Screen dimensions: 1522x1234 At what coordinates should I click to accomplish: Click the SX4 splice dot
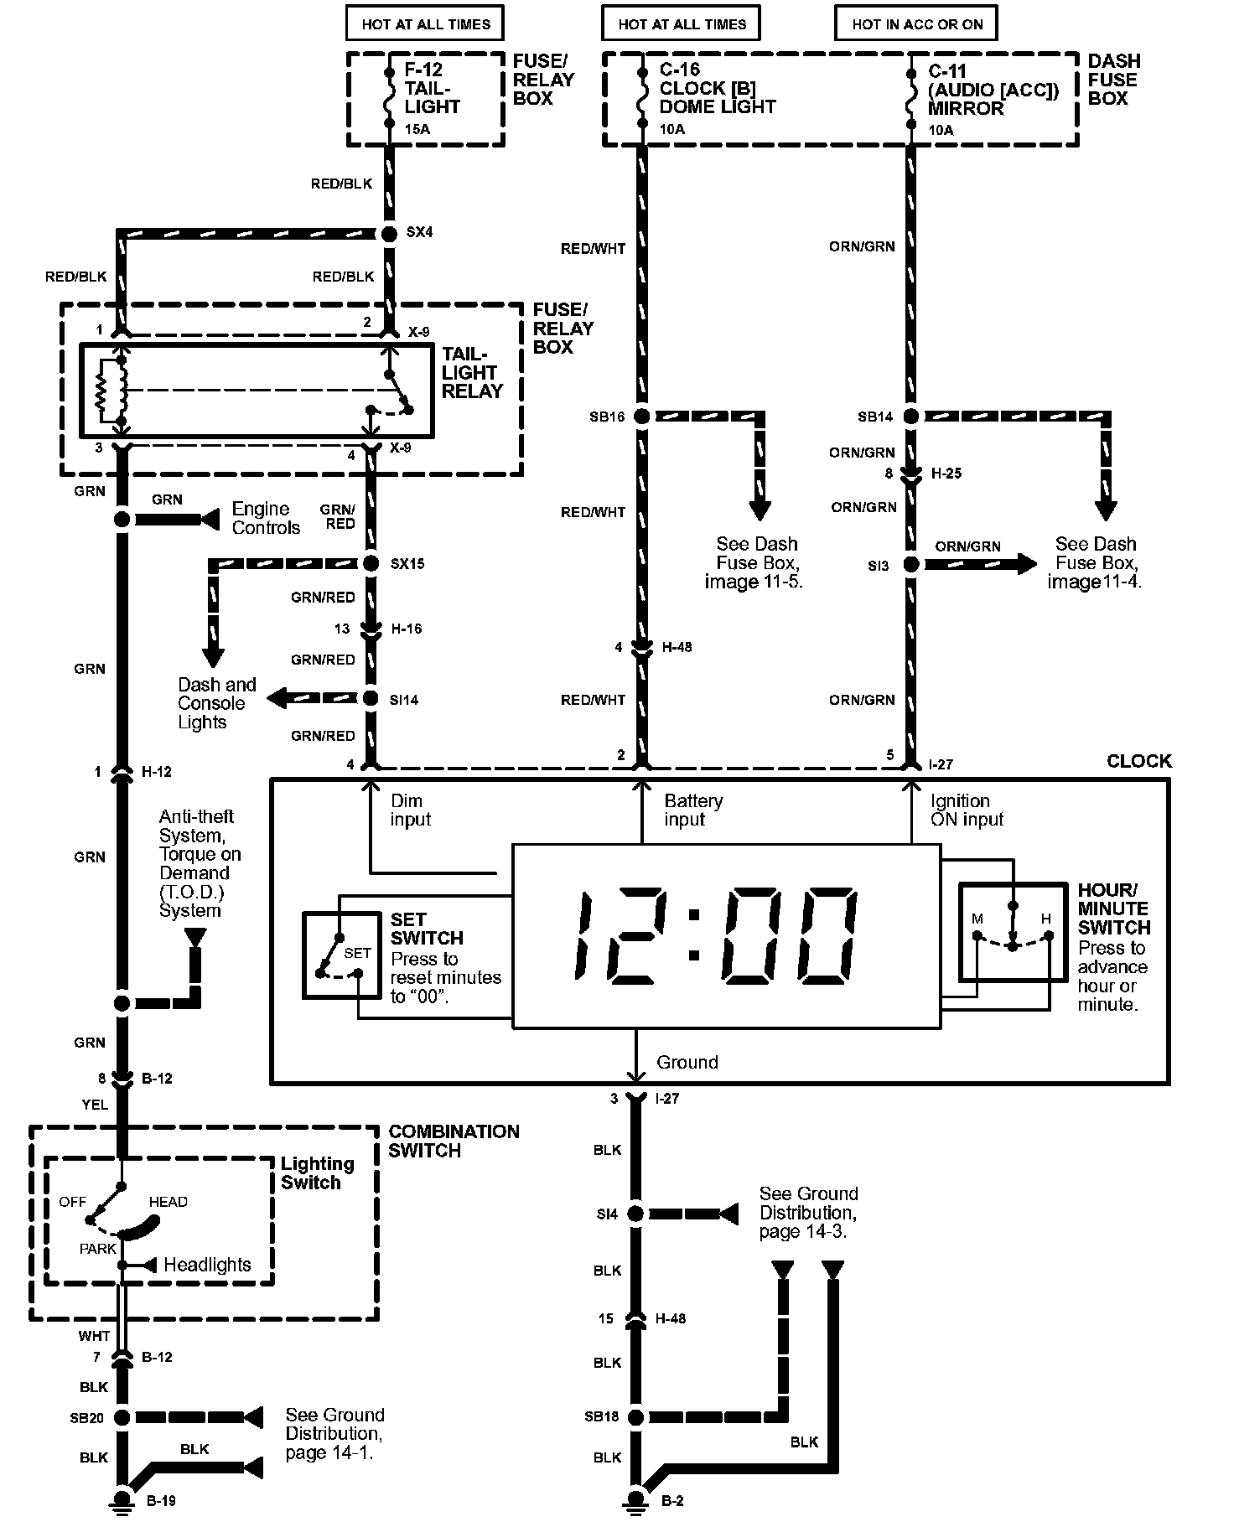tap(388, 234)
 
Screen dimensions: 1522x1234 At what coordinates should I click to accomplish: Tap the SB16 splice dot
tap(641, 417)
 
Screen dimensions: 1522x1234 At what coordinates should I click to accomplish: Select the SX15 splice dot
tap(371, 563)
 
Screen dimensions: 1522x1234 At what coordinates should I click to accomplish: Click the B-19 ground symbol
tap(122, 1499)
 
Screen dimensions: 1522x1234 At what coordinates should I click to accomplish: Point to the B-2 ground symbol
tap(636, 1499)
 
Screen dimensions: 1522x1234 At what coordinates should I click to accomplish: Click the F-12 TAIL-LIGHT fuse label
tap(432, 89)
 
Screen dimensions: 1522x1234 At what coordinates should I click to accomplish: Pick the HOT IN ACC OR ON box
tap(917, 24)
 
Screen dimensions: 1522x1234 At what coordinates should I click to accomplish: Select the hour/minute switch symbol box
tap(1012, 931)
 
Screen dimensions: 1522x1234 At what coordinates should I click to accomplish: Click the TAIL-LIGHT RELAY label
tap(473, 373)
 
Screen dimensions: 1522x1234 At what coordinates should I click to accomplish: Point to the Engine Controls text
tap(266, 518)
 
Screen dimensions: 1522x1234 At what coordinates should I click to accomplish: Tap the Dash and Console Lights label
tap(216, 703)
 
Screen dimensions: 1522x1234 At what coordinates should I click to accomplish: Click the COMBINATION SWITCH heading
tap(454, 1141)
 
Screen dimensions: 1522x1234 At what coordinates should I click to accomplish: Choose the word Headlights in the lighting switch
tap(207, 1265)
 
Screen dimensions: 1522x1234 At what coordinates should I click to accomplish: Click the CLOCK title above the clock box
tap(1138, 761)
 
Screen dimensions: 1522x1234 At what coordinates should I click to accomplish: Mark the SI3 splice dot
tap(911, 565)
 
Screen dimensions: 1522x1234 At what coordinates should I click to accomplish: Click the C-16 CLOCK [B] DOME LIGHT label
tap(717, 89)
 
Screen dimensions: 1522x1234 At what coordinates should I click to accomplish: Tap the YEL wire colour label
tap(95, 1105)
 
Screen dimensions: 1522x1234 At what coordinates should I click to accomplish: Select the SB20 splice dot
tap(122, 1417)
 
